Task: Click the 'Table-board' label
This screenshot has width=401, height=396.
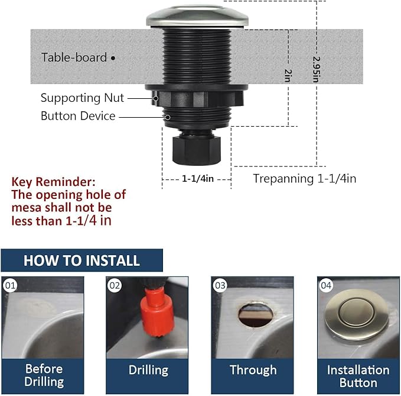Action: pos(74,57)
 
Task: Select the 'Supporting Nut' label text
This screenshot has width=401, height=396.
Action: pos(83,98)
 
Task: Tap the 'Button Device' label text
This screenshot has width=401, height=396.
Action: pos(78,115)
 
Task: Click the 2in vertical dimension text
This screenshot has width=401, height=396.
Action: pos(288,75)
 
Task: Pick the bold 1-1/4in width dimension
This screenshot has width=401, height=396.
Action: pos(197,178)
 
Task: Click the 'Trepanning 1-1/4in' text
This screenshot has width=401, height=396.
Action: pos(305,178)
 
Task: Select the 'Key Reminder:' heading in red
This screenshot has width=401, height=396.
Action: pos(53,182)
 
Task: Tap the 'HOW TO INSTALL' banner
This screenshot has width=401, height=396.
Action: pos(81,260)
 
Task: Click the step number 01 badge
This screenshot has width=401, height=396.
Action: pos(10,286)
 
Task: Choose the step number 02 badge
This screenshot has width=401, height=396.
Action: pos(115,286)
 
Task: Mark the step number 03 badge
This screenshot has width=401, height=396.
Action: pos(220,286)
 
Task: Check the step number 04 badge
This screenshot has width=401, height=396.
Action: pos(326,286)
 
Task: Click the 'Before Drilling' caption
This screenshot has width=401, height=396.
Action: pos(44,375)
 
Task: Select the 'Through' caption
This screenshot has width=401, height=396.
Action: pos(253,370)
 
